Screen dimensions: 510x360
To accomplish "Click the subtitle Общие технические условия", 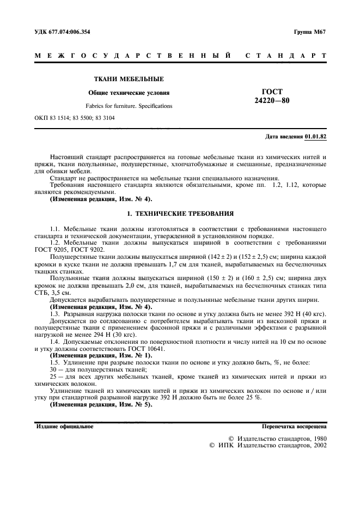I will (129, 93).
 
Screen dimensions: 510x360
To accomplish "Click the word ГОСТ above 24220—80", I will (272, 92).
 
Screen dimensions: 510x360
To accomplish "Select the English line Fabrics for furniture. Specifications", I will (129, 106).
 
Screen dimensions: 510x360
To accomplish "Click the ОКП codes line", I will (75, 118).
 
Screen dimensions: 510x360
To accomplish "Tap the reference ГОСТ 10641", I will (121, 348).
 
